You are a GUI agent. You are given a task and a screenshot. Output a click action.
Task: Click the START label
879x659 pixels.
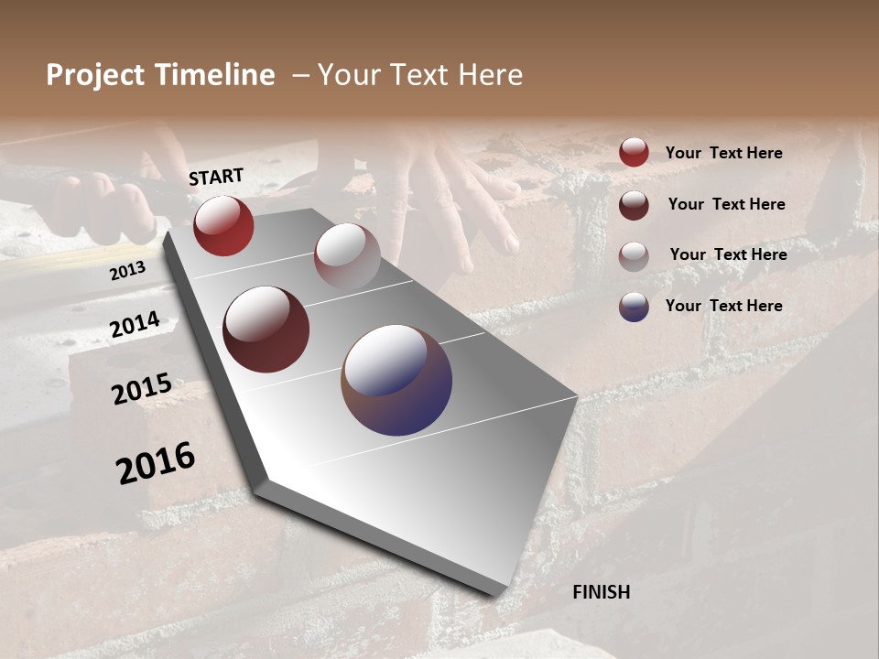click(216, 177)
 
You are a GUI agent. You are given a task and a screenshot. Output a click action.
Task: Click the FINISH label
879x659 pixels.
click(601, 592)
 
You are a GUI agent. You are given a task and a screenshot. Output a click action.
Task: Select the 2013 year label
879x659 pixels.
click(128, 271)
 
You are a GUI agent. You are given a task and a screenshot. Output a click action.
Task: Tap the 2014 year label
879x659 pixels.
click(135, 324)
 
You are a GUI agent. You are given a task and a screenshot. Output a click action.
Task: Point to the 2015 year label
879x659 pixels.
click(142, 389)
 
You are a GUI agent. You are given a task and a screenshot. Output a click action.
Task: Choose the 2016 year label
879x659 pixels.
click(156, 463)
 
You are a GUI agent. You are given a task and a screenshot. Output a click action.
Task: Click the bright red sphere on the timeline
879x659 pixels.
click(223, 225)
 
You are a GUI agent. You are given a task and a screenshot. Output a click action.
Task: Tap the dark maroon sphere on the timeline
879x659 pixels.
click(266, 329)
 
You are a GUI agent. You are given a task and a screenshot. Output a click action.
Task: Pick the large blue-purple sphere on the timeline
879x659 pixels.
click(396, 380)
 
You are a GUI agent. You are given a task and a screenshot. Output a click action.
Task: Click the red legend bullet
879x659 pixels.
click(634, 152)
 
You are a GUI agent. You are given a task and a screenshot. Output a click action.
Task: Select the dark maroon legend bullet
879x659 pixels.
click(634, 205)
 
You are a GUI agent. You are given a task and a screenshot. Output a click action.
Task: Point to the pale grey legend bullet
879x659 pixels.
click(634, 256)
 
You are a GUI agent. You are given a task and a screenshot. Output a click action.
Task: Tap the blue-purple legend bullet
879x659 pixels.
click(634, 307)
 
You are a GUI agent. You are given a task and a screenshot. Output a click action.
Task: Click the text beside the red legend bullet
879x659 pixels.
click(723, 153)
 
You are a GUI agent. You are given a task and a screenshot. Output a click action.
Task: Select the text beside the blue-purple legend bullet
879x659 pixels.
click(723, 306)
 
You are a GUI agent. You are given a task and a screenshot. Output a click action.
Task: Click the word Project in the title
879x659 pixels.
click(95, 75)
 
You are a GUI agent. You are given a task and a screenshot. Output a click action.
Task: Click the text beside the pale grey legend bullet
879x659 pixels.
click(728, 254)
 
